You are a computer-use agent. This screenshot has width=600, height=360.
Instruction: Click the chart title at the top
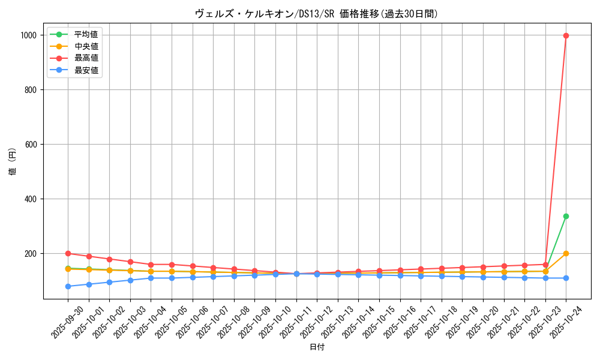point(316,14)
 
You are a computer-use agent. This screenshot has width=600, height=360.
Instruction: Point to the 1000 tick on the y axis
point(28,35)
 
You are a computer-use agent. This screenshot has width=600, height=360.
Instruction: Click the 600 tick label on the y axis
point(30,145)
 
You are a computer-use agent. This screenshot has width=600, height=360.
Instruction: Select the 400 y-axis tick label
point(30,199)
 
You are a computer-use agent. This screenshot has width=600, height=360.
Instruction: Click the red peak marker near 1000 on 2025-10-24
point(566,35)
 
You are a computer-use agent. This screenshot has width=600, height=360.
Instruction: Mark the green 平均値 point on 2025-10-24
point(566,216)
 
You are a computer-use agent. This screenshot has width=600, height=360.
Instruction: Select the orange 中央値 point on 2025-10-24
point(566,253)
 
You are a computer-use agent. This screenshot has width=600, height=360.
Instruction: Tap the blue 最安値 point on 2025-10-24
point(566,278)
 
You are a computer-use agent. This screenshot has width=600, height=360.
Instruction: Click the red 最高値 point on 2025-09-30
point(68,253)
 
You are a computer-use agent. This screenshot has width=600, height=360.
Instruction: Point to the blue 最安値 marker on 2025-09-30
point(68,286)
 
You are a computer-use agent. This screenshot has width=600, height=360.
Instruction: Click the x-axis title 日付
point(316,347)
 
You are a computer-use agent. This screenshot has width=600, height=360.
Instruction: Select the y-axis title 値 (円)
point(13,163)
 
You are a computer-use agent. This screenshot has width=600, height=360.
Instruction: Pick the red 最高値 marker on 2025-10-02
point(109,259)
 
